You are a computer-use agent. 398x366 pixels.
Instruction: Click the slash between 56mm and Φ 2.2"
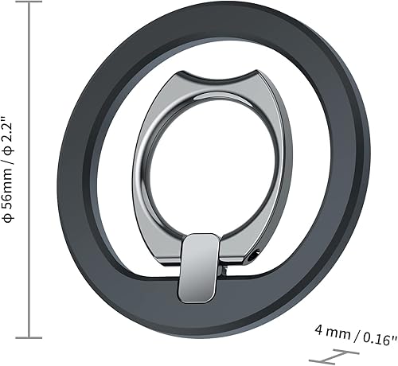click(10, 165)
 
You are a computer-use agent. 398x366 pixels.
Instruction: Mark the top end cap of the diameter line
click(30, 5)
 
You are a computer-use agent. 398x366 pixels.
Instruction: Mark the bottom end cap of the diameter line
click(30, 337)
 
